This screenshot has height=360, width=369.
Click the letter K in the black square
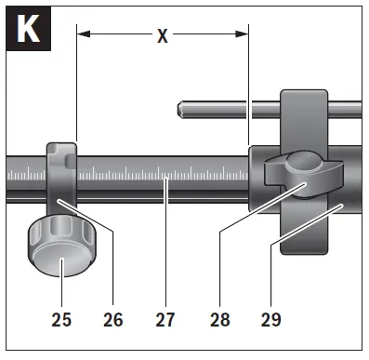tap(28, 29)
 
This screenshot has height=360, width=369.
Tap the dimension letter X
tap(163, 36)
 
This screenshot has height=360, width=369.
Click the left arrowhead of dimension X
tap(84, 33)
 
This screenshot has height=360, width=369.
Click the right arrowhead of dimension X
tap(242, 33)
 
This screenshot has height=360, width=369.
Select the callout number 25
tap(61, 319)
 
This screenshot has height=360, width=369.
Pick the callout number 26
tap(113, 319)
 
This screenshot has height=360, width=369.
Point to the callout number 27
tap(165, 319)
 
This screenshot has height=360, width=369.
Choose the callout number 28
tap(220, 319)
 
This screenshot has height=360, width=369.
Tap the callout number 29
tap(271, 319)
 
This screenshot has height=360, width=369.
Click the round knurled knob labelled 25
tap(62, 246)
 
